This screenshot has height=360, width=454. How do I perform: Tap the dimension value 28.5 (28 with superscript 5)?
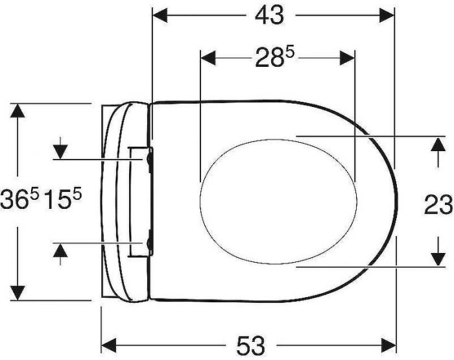pos(274,58)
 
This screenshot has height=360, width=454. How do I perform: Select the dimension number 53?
pos(251,346)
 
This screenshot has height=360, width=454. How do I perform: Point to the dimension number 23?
pos(438,205)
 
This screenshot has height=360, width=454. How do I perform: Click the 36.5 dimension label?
pos(19,198)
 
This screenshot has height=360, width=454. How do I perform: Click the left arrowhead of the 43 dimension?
pos(160,15)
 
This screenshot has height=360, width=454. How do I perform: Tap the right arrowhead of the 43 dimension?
pos(387,15)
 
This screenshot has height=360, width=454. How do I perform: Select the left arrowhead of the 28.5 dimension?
pos(208,58)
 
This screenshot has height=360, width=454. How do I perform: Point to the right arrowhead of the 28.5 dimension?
pos(347,58)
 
